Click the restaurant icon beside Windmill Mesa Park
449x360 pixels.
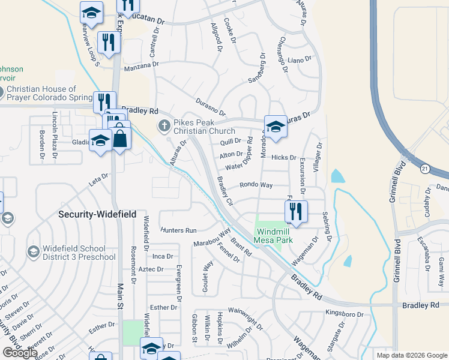pyautogui.click(x=296, y=211)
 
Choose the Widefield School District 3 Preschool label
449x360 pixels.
pyautogui.click(x=79, y=253)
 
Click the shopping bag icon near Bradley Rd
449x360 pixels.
pyautogui.click(x=121, y=139)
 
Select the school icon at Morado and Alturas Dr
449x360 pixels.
pyautogui.click(x=275, y=127)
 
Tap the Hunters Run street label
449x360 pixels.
pyautogui.click(x=178, y=230)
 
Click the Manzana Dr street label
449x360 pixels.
pyautogui.click(x=142, y=66)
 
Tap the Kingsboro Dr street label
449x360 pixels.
pyautogui.click(x=345, y=314)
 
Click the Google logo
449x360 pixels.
pyautogui.click(x=20, y=353)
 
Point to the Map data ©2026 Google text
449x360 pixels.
pyautogui.click(x=411, y=355)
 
